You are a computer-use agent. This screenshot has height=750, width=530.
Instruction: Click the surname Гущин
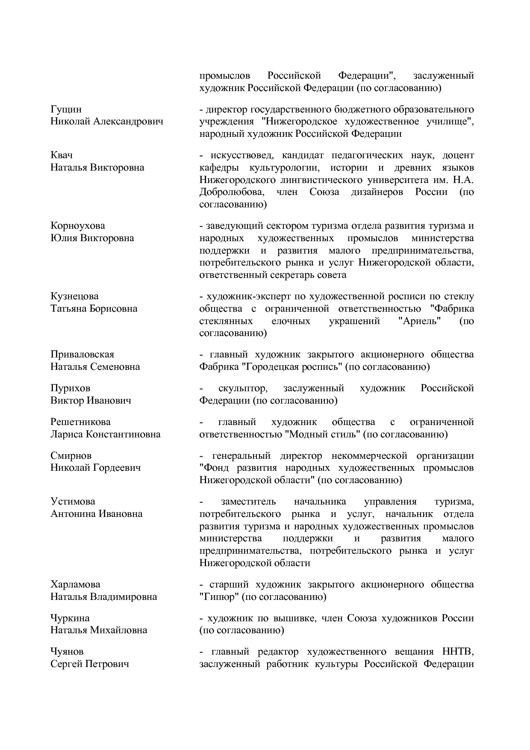point(66,109)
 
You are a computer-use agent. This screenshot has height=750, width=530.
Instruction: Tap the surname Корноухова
point(77,226)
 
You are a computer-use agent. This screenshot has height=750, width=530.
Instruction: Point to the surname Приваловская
point(82,354)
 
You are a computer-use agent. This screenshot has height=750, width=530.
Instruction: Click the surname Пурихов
point(70,388)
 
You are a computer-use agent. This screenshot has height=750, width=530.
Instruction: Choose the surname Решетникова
point(80,422)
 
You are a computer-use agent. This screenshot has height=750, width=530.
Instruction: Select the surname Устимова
point(73,501)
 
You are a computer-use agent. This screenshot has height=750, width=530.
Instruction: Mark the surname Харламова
point(75,584)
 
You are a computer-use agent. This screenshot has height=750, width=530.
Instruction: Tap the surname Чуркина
point(70,618)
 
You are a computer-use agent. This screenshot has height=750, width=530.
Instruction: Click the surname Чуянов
point(67,652)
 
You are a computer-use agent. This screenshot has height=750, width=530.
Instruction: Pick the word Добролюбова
point(231,192)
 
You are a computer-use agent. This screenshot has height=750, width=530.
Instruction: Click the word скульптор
point(243,388)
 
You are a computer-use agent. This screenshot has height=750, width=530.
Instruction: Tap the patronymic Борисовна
point(113,309)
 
